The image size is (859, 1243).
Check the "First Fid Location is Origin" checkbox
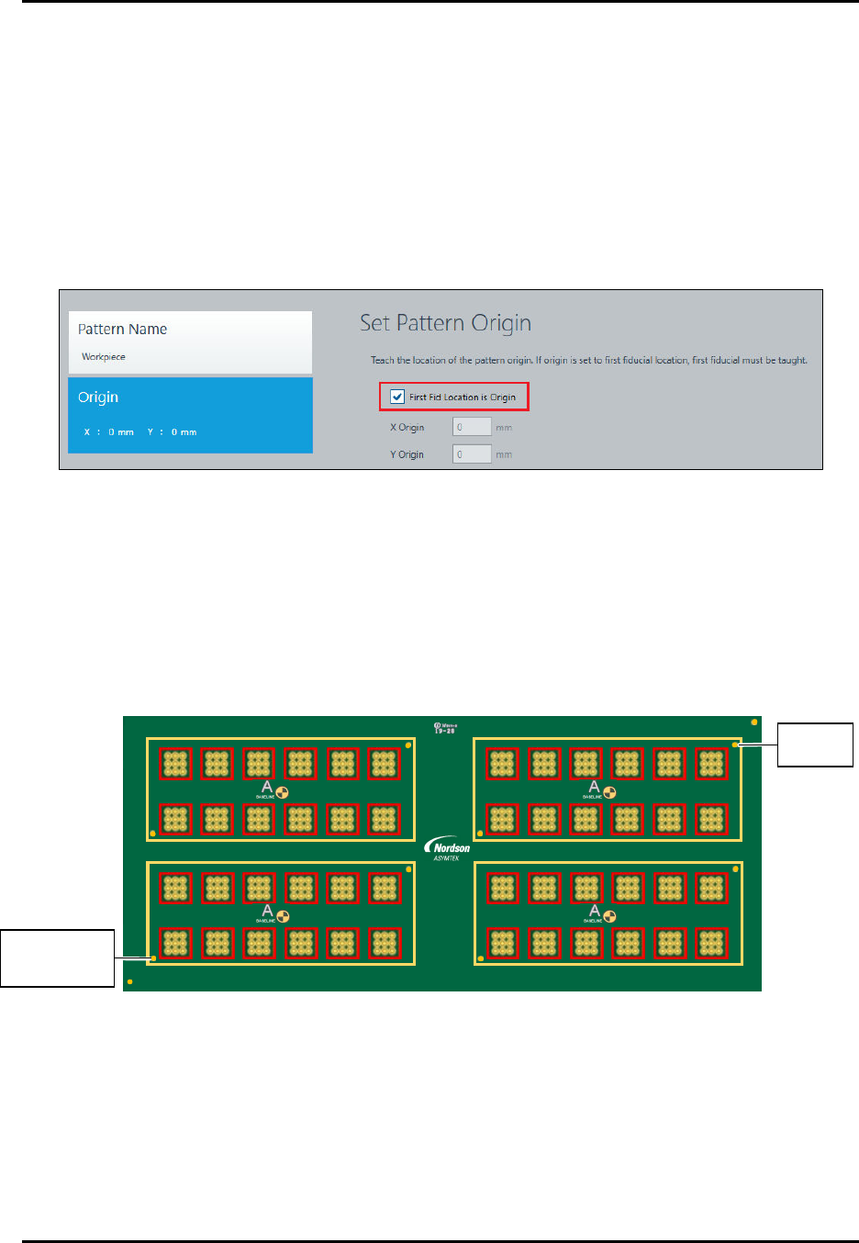[397, 397]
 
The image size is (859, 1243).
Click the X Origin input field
[472, 427]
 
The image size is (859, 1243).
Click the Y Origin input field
[472, 454]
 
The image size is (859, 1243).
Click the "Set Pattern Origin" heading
[445, 323]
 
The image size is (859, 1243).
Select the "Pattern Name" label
[122, 330]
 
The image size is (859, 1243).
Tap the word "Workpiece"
[104, 357]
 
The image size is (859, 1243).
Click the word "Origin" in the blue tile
[98, 398]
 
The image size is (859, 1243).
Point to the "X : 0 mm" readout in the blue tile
[109, 432]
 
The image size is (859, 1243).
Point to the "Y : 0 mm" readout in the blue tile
[172, 432]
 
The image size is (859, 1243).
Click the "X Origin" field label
[407, 428]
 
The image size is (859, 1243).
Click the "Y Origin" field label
[407, 454]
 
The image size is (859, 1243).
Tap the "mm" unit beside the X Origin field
[504, 428]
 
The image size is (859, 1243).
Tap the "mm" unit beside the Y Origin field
[504, 454]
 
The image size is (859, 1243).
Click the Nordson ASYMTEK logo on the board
[448, 850]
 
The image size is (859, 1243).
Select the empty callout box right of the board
[815, 745]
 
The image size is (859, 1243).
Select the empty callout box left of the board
[57, 958]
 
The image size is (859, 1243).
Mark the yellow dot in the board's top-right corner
[754, 722]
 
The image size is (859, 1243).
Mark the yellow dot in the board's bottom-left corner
[130, 981]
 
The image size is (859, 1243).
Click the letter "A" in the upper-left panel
[267, 787]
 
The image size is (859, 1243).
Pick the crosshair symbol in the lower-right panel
[609, 916]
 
